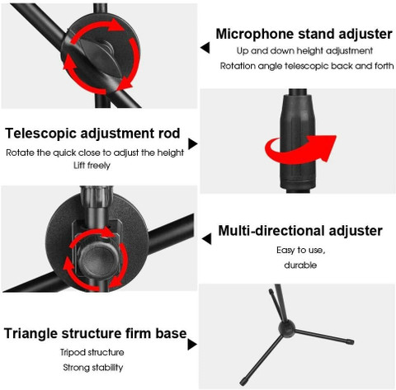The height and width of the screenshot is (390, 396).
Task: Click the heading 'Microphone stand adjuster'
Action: pos(304,35)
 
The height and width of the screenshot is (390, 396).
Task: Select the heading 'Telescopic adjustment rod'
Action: pos(92,134)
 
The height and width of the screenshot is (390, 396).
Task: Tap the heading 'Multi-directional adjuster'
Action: pos(300,231)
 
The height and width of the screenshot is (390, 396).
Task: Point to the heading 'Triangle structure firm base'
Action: pos(96,333)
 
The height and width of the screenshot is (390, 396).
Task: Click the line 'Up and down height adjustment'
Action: pos(304,51)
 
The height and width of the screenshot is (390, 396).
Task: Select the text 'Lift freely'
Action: pos(92,166)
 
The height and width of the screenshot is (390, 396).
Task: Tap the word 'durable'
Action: pos(300,265)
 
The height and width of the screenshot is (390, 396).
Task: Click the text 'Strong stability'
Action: pos(93,368)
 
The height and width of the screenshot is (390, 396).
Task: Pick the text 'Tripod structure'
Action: pos(92,352)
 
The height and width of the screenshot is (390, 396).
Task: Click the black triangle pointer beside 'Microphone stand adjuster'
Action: pos(205,48)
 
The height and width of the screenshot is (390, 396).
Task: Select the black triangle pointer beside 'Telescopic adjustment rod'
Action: pos(193,143)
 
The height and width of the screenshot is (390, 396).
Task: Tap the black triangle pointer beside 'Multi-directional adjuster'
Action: pos(206,238)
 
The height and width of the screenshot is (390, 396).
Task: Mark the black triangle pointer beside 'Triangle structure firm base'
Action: pos(192,345)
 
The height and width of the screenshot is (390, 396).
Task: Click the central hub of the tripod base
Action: pos(286,328)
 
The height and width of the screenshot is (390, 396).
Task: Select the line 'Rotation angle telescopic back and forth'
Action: pos(307,66)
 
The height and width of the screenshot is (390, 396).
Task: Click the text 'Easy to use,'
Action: pos(301,251)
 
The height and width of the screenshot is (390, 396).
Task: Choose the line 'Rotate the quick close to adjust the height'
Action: pos(95,153)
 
